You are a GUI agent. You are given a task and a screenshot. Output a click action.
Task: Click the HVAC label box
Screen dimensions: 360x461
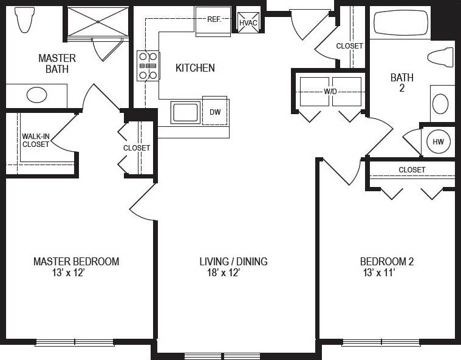click(x=248, y=22)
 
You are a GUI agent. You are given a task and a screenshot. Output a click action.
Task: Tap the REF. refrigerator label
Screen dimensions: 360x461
click(x=213, y=19)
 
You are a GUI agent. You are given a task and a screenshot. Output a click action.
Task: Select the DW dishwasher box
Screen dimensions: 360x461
click(x=215, y=112)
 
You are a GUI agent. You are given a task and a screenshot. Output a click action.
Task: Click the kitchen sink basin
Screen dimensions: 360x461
click(x=186, y=113)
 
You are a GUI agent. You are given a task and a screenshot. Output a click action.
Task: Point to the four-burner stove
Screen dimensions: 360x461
click(x=148, y=66)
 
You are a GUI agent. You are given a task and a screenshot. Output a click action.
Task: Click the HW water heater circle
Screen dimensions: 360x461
click(x=438, y=142)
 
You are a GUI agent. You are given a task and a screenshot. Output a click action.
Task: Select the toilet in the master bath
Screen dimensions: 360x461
click(x=24, y=19)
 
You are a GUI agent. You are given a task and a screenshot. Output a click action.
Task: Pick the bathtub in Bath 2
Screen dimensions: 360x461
click(x=401, y=23)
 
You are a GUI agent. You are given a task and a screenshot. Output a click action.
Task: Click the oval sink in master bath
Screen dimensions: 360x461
click(x=37, y=95)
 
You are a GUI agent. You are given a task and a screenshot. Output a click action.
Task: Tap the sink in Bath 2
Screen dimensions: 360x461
click(x=442, y=103)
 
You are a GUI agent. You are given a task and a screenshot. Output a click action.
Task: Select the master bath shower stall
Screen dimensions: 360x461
click(x=98, y=22)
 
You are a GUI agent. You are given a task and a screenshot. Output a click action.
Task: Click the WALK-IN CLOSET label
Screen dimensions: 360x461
click(x=36, y=140)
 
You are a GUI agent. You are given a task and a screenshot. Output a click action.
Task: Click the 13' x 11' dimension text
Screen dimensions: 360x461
click(x=379, y=273)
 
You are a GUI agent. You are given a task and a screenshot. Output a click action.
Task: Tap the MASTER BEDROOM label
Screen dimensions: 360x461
click(x=76, y=262)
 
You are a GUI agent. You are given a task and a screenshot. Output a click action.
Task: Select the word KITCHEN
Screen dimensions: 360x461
click(x=195, y=68)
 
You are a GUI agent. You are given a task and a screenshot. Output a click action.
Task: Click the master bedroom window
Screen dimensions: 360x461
click(x=75, y=342)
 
